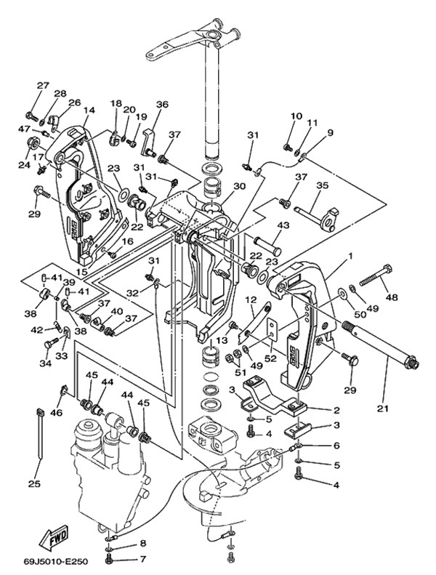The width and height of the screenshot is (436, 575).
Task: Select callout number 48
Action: [x=392, y=297]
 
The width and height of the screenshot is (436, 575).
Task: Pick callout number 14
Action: [x=89, y=111]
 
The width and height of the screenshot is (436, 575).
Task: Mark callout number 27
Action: [x=43, y=86]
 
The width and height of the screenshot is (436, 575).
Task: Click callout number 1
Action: [x=350, y=256]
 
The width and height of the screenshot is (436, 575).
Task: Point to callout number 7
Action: [x=142, y=559]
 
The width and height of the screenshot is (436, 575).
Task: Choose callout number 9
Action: [x=329, y=132]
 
